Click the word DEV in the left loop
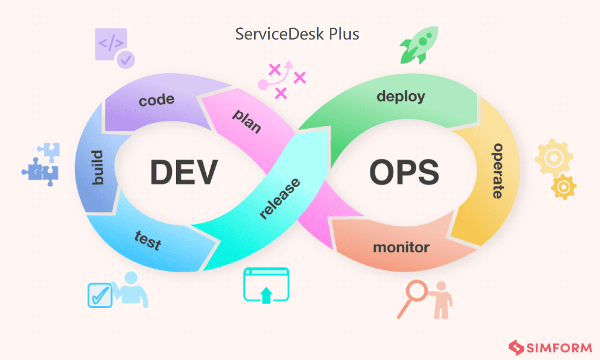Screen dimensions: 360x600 pyautogui.click(x=183, y=172)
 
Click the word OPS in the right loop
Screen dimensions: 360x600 pyautogui.click(x=404, y=172)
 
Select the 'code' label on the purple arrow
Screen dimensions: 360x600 pyautogui.click(x=156, y=100)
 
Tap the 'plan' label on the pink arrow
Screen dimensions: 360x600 pyautogui.click(x=247, y=121)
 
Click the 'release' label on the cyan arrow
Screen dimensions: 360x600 pyautogui.click(x=280, y=199)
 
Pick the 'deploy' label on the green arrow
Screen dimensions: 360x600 pyautogui.click(x=400, y=96)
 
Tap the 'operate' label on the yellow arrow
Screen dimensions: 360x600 pyautogui.click(x=497, y=170)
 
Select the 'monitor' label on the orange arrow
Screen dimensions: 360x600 pyautogui.click(x=401, y=247)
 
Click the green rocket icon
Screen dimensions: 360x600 pyautogui.click(x=419, y=45)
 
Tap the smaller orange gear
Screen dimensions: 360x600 pyautogui.click(x=564, y=186)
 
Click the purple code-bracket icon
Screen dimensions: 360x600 pyautogui.click(x=112, y=45)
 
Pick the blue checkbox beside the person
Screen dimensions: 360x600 pyautogui.click(x=100, y=295)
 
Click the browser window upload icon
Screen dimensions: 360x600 pyautogui.click(x=266, y=285)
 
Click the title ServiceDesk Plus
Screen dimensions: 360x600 pyautogui.click(x=297, y=34)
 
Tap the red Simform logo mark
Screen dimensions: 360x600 pyautogui.click(x=516, y=347)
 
